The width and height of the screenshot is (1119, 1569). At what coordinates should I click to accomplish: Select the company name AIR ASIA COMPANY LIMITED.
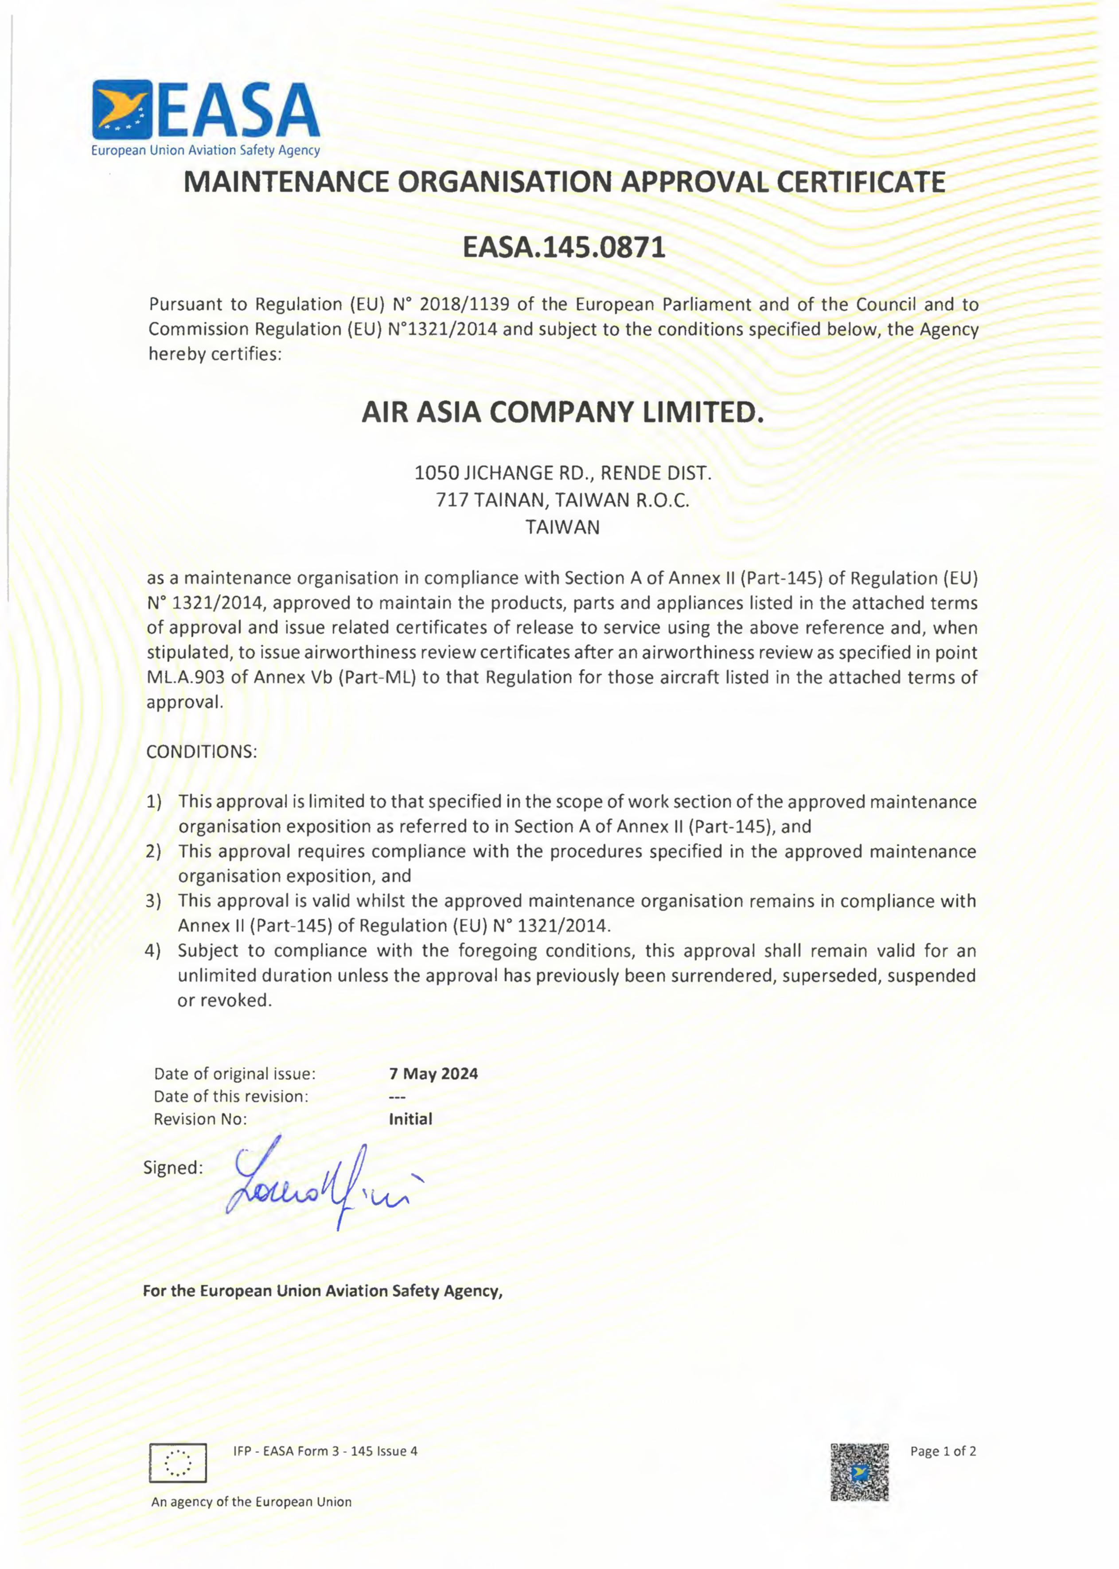tap(563, 413)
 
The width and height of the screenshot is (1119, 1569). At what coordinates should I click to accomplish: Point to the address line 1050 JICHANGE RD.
tap(562, 473)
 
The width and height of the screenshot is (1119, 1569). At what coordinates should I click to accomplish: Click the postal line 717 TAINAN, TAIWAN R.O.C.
tap(562, 500)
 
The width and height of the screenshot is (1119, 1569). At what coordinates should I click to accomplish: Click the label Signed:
tap(173, 1168)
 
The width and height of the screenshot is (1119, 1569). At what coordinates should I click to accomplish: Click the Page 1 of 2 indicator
tap(943, 1451)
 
